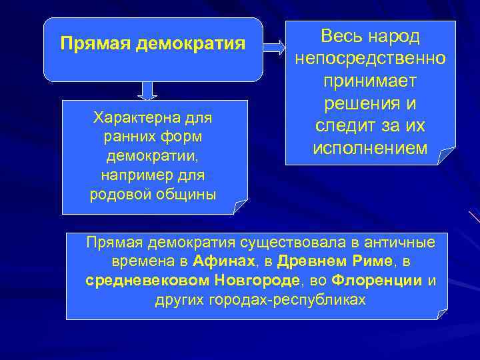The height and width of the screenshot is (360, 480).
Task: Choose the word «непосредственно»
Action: pos(370,59)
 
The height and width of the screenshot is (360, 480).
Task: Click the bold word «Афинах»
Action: pos(222,261)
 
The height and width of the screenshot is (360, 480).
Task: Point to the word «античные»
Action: pos(399,241)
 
